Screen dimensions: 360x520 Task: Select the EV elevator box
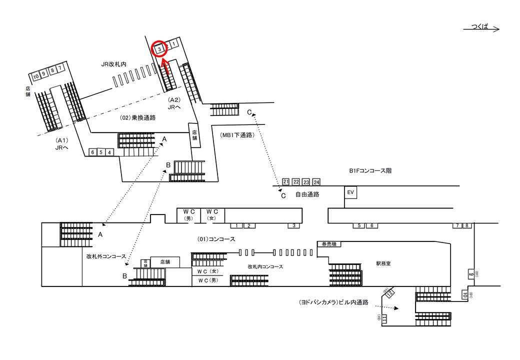click(x=350, y=192)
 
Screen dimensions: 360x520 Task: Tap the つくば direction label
click(x=480, y=26)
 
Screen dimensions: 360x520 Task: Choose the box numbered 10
click(x=35, y=76)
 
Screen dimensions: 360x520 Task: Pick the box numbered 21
click(x=286, y=181)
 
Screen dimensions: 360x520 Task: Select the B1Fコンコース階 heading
click(x=370, y=170)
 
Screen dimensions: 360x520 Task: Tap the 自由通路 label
click(x=308, y=194)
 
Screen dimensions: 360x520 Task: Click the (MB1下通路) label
click(x=237, y=135)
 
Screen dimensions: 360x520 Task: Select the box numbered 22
click(x=296, y=181)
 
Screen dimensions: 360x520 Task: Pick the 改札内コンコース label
click(x=265, y=266)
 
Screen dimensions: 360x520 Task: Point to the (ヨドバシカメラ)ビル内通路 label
click(x=333, y=302)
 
